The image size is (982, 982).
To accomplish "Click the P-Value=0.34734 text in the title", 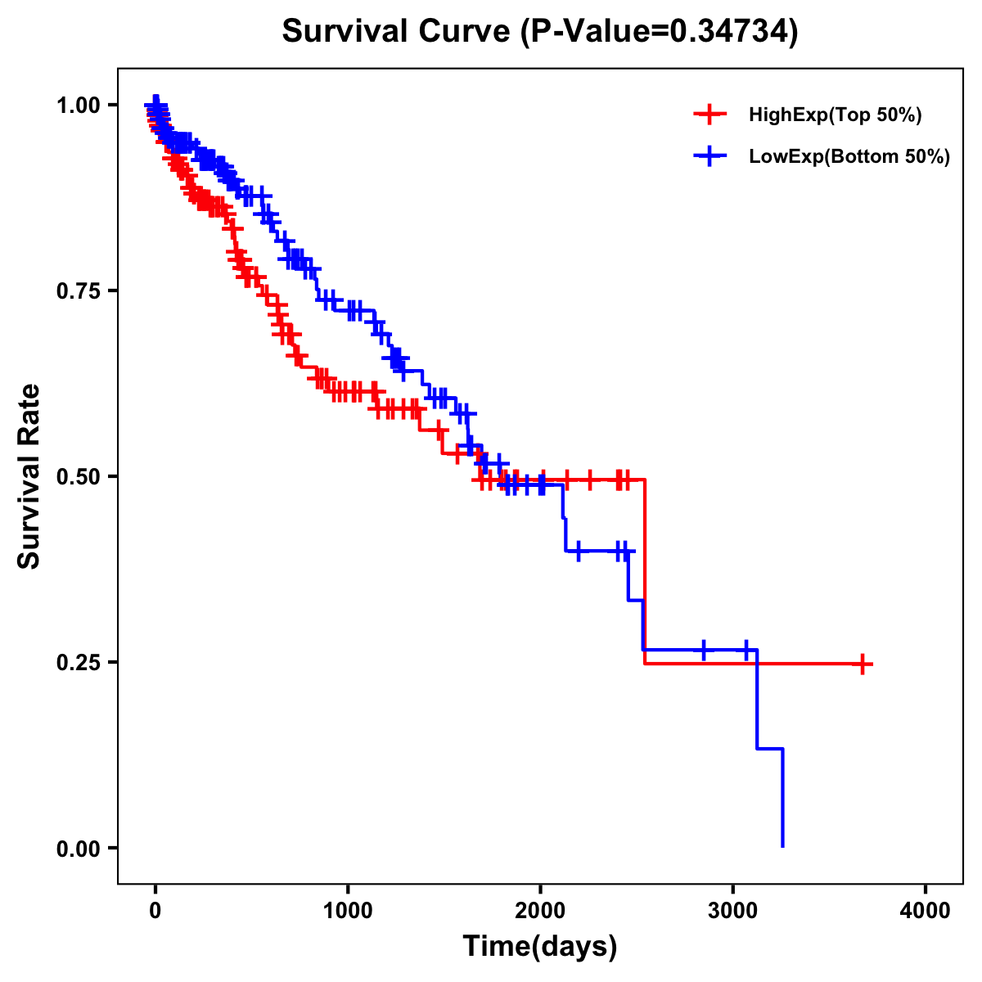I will (660, 31).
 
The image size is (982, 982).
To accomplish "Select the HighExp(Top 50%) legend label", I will (835, 115).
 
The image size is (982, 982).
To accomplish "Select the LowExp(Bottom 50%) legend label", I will (849, 157).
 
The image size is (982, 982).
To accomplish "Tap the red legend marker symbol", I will (709, 115).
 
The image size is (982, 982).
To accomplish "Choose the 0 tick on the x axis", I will (155, 911).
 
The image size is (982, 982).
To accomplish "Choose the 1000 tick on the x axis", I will (348, 911).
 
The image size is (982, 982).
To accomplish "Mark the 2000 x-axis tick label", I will (540, 911).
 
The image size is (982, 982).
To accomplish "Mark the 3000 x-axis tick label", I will (733, 911).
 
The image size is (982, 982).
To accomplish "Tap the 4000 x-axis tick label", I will (926, 911).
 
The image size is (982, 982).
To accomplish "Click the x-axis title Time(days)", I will (540, 947).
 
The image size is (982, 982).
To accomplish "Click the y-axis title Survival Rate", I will (30, 476).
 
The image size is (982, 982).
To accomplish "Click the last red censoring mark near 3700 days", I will (862, 664).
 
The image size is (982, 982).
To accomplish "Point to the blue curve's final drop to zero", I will (783, 802).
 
